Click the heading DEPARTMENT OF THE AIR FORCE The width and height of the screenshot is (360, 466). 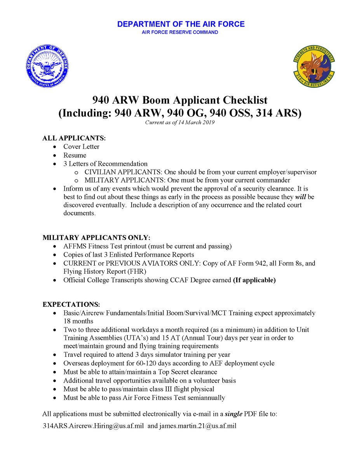[181, 24]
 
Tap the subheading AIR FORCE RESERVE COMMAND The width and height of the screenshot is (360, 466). [180, 32]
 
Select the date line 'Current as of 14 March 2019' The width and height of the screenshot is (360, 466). [180, 123]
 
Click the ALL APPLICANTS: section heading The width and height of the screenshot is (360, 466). [74, 138]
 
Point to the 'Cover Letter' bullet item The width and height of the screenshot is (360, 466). [81, 146]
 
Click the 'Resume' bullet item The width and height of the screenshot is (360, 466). [75, 155]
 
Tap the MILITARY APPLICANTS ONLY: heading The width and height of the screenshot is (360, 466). [96, 237]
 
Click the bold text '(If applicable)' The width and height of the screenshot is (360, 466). [254, 280]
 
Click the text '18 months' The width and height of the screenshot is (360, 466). [78, 321]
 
